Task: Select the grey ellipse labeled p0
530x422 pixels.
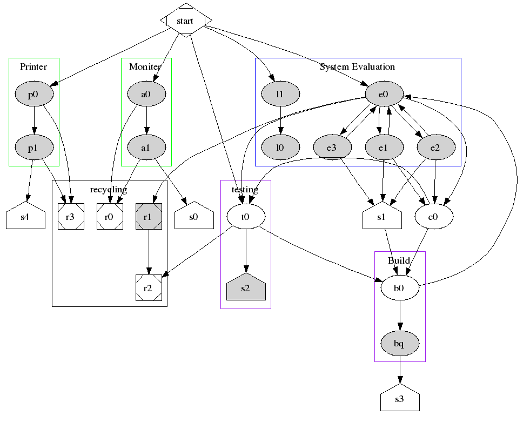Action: (33, 95)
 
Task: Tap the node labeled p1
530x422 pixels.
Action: (33, 147)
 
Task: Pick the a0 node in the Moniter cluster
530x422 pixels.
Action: (146, 95)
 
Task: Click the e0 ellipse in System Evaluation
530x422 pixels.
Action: (384, 95)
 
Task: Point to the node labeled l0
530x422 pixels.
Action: (280, 147)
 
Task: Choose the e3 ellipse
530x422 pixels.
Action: (332, 147)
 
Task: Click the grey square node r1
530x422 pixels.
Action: (149, 217)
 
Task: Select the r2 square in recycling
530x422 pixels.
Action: (149, 288)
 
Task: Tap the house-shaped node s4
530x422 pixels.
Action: (25, 217)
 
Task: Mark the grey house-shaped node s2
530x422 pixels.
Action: (246, 288)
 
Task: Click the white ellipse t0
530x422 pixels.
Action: (246, 217)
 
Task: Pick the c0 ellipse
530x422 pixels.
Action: (433, 217)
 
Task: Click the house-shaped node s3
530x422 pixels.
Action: (400, 400)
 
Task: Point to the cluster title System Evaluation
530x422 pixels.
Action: (357, 67)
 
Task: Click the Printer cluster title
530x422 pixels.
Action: (33, 67)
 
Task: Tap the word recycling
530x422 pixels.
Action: (109, 190)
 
